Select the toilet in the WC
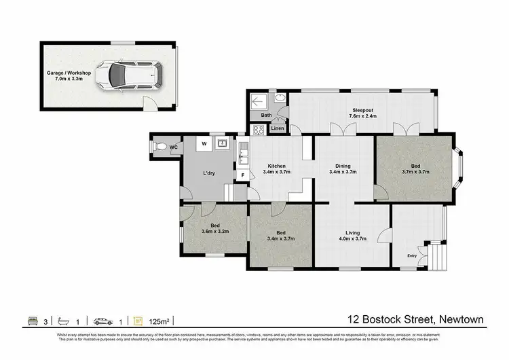(161, 145)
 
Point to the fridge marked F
(242, 175)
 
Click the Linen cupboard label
(277, 128)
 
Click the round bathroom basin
(279, 100)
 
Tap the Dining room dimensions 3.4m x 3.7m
(343, 172)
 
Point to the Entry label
(412, 255)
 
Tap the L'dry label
(210, 173)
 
